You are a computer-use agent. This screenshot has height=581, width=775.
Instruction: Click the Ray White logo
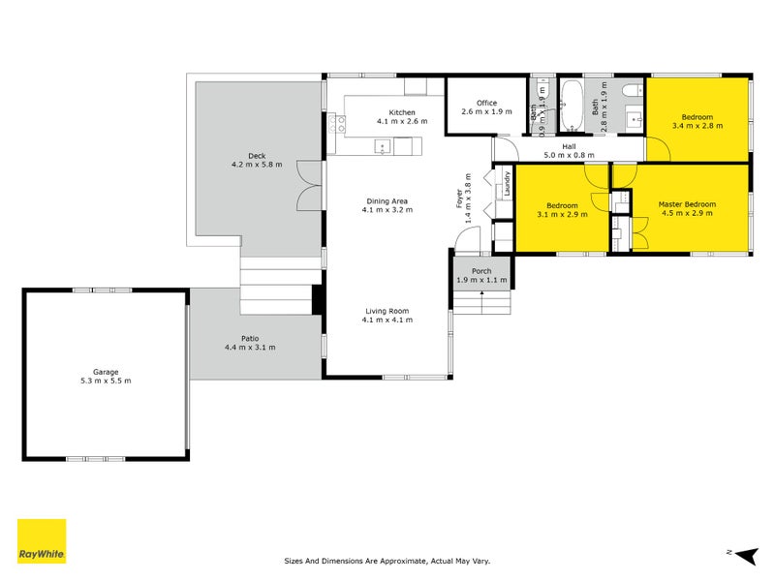pos(42,541)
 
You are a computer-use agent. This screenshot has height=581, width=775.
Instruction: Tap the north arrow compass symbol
pos(746,556)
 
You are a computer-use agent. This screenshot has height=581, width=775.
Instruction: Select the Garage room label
pos(106,372)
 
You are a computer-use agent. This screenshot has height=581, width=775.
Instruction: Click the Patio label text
pos(250,338)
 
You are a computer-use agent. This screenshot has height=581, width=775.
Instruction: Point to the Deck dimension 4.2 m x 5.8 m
pos(257,165)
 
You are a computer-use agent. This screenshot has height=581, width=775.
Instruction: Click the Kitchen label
pos(402,112)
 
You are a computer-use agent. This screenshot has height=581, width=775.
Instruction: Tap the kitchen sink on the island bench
pos(383,147)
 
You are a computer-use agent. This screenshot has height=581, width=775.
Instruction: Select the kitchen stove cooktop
pos(337,124)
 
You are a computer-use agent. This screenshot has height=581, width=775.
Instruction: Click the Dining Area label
pos(387,201)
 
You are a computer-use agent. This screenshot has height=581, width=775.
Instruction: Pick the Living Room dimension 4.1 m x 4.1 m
pos(387,320)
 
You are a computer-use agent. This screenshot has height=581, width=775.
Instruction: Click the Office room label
pos(487,103)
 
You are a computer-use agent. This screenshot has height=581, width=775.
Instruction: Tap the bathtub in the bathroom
pos(572,106)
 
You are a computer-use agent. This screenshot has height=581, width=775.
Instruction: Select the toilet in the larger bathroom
pos(633,91)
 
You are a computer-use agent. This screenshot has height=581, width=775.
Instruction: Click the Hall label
pos(569,147)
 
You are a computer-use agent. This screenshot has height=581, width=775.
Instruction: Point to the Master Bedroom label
pos(687,204)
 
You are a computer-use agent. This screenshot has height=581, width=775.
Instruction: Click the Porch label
pos(481,271)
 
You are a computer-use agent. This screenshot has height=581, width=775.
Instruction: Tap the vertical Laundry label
pos(507,183)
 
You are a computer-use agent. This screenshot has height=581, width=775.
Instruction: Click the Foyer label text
pos(459,199)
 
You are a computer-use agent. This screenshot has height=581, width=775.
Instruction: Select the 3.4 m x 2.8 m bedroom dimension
pos(697,126)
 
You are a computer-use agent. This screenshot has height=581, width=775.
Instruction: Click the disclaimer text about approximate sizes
pos(387,561)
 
